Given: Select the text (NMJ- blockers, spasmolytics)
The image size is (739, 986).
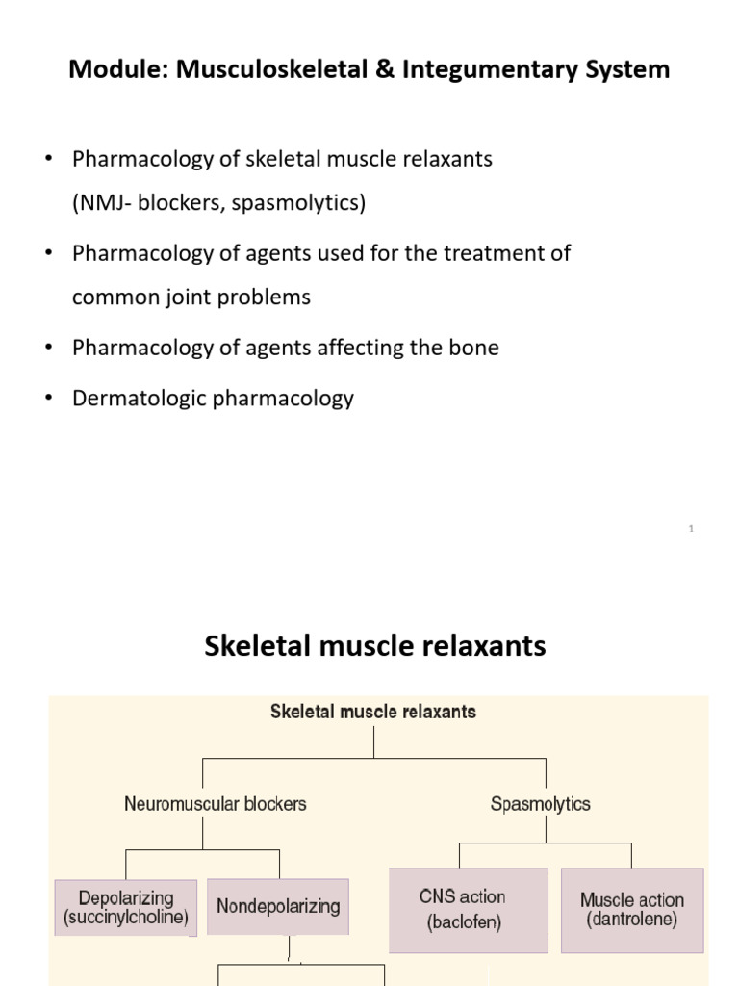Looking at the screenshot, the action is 218,203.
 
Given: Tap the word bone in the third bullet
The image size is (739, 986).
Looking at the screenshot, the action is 475,348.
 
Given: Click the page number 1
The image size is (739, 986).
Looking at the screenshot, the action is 692,529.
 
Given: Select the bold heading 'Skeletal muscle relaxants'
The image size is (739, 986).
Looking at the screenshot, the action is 375,646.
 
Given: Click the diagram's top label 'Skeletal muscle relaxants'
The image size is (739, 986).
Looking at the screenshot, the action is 373,713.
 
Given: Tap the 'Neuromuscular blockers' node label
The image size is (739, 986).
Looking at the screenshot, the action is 216,803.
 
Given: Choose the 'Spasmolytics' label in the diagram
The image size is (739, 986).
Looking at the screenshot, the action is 541,803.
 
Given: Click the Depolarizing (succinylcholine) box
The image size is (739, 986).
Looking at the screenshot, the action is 126,907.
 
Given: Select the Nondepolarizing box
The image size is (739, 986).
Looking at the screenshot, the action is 278,906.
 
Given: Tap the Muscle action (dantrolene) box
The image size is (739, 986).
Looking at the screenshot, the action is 632,910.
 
